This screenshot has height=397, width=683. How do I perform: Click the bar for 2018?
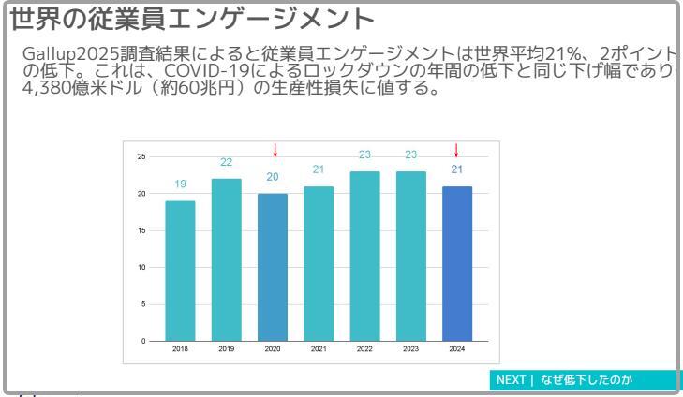pyautogui.click(x=181, y=271)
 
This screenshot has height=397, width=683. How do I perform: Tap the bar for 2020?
pyautogui.click(x=273, y=267)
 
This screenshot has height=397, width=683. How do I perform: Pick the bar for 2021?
pyautogui.click(x=319, y=263)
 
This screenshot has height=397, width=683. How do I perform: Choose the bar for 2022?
pyautogui.click(x=364, y=256)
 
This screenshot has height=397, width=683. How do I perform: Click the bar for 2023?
pyautogui.click(x=410, y=256)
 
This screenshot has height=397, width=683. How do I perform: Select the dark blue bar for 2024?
pyautogui.click(x=456, y=263)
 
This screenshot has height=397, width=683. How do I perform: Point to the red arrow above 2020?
pyautogui.click(x=275, y=150)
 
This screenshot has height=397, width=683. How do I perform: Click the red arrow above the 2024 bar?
pyautogui.click(x=457, y=150)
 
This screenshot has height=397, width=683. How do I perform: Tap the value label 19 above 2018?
pyautogui.click(x=181, y=184)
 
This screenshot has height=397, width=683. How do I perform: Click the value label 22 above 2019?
pyautogui.click(x=227, y=162)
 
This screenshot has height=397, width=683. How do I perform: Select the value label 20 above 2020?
pyautogui.click(x=273, y=177)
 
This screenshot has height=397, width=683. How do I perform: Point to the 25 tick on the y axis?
pyautogui.click(x=141, y=156)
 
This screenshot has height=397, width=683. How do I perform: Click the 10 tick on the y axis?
pyautogui.click(x=141, y=267)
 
